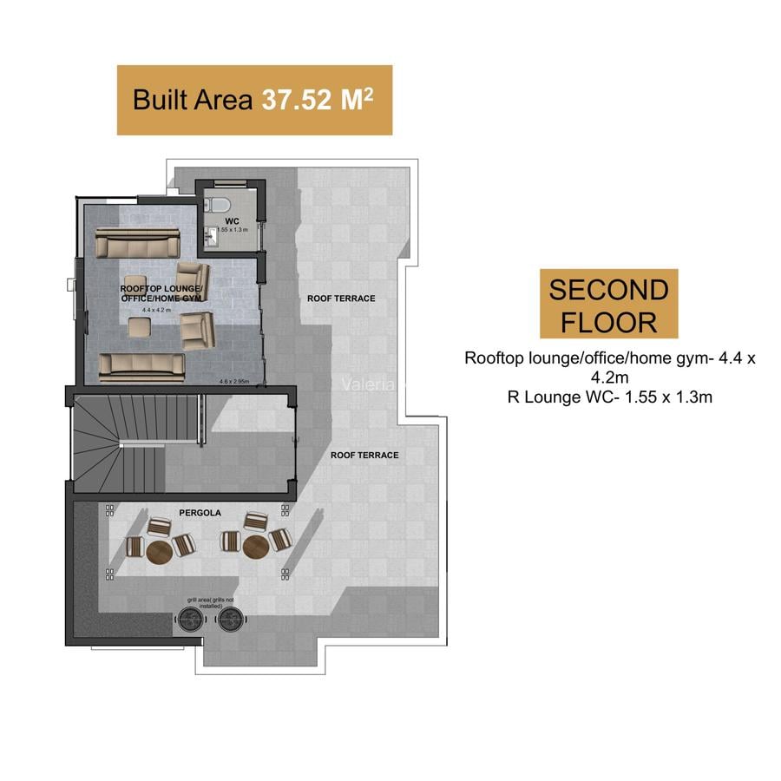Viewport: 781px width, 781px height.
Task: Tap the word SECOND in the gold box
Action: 608,289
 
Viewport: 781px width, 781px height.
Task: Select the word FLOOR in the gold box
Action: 608,322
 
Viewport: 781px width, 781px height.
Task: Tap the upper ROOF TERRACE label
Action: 341,299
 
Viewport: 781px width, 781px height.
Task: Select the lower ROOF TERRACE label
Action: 364,455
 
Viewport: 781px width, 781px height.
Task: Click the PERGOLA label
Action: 200,513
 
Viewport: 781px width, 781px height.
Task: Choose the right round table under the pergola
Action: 255,547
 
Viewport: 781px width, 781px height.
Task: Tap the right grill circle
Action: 229,619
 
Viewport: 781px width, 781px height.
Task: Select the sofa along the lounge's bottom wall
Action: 141,366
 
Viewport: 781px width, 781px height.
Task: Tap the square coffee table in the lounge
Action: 139,326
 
